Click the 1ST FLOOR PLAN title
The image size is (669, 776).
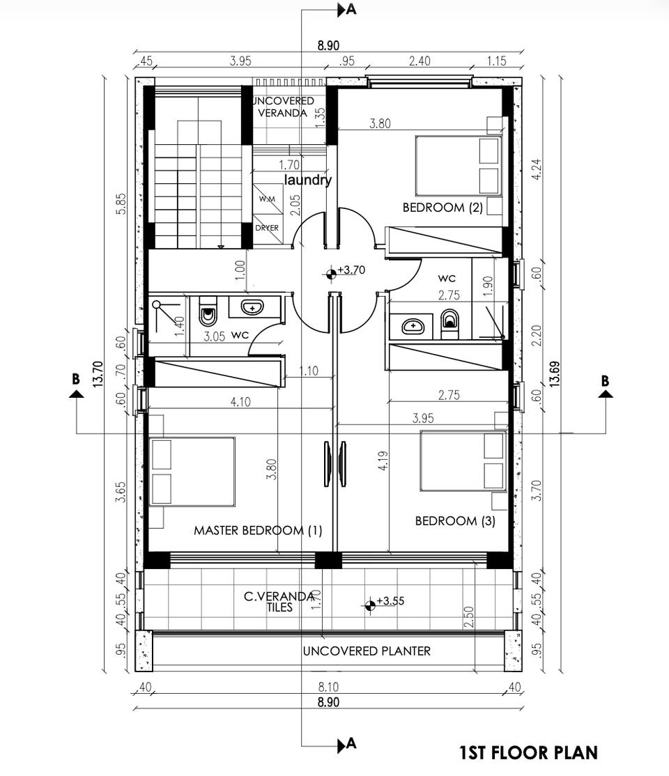click(528, 753)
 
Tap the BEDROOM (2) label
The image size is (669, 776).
click(443, 208)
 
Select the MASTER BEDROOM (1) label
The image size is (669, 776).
click(258, 531)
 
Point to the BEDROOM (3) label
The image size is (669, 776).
click(455, 520)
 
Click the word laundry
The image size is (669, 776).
click(307, 180)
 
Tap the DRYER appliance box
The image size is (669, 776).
click(268, 228)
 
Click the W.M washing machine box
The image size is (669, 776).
click(268, 199)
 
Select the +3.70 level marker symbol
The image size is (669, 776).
click(331, 272)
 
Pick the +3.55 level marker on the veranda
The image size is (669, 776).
click(370, 605)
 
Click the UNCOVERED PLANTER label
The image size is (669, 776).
click(367, 651)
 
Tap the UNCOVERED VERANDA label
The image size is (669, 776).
click(283, 107)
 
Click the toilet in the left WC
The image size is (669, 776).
click(208, 310)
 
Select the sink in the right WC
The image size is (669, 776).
click(413, 326)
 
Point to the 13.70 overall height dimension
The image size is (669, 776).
click(98, 373)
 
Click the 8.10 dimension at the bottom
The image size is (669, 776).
click(328, 687)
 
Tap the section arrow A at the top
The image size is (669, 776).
click(346, 9)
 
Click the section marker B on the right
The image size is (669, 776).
click(605, 388)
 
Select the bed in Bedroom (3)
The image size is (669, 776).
click(463, 460)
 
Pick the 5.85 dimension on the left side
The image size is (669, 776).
click(121, 203)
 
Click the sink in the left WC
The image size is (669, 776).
click(252, 307)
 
